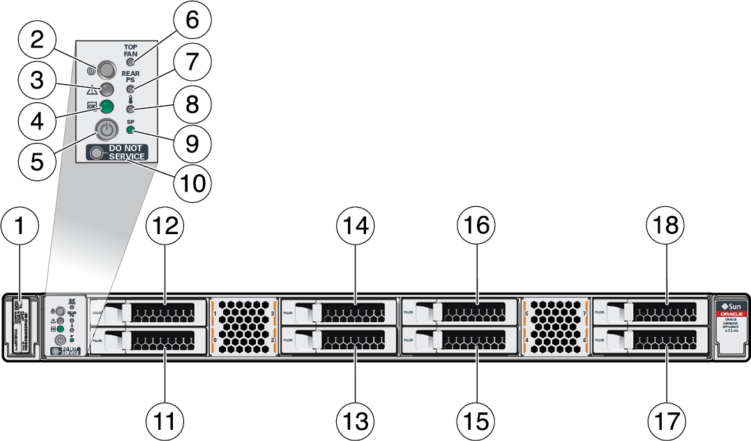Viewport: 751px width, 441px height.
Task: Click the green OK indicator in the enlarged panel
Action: pyautogui.click(x=107, y=107)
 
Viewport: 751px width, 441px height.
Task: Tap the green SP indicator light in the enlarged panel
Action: pyautogui.click(x=131, y=130)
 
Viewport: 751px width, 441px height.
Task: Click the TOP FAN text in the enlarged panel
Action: pyautogui.click(x=130, y=51)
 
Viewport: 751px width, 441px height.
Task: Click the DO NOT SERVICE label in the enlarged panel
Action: pyautogui.click(x=116, y=153)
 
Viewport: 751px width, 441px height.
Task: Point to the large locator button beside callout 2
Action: pyautogui.click(x=107, y=69)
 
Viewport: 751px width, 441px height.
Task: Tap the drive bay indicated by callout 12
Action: pyautogui.click(x=149, y=311)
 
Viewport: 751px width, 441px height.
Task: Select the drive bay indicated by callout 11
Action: pyautogui.click(x=149, y=341)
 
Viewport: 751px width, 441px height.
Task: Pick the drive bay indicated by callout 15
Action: pyautogui.click(x=460, y=341)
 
